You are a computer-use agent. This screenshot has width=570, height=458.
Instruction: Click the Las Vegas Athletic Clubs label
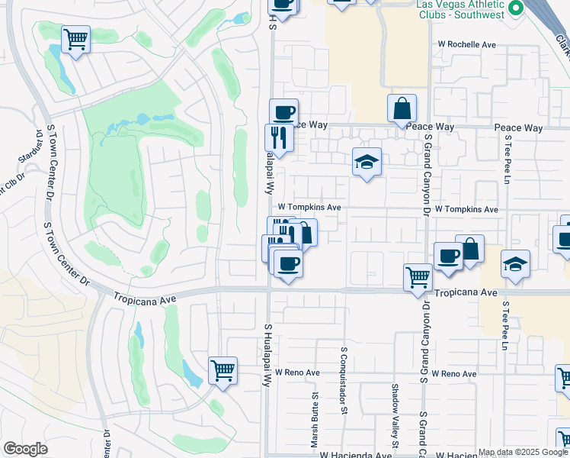point(460,9)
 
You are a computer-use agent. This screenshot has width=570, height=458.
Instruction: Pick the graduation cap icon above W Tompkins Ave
point(367,161)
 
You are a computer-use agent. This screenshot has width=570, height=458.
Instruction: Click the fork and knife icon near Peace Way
point(279,138)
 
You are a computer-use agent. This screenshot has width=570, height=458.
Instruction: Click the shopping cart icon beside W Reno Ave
point(223,370)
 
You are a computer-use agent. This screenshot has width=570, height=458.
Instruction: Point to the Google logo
point(25,449)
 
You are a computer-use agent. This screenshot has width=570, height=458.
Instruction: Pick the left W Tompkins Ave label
point(309,207)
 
